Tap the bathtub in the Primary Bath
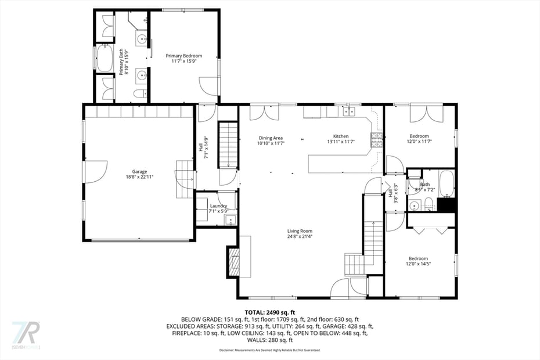[x=105, y=58]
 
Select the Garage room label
[x=139, y=172]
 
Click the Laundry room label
[x=218, y=206]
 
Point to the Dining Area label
[x=270, y=138]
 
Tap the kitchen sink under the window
[x=348, y=111]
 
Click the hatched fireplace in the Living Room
[x=233, y=262]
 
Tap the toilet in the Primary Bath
[x=139, y=93]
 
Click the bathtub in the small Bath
[x=446, y=183]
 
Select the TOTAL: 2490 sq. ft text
[x=269, y=312]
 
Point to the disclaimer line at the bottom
[x=269, y=351]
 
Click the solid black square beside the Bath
[x=446, y=204]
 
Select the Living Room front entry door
[x=340, y=287]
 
